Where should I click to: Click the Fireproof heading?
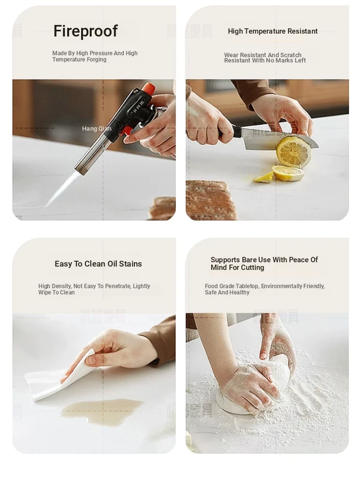coord(85,31)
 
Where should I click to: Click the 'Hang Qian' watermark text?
coord(96,129)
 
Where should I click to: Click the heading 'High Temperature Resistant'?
coord(273,31)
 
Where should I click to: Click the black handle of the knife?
coord(229,132)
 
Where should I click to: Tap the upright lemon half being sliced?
coord(293,152)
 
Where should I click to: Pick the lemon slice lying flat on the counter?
coord(288,173)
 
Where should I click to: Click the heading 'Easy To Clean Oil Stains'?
coord(98,264)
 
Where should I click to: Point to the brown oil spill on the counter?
coord(101,408)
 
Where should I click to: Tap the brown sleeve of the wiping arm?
coord(160,339)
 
